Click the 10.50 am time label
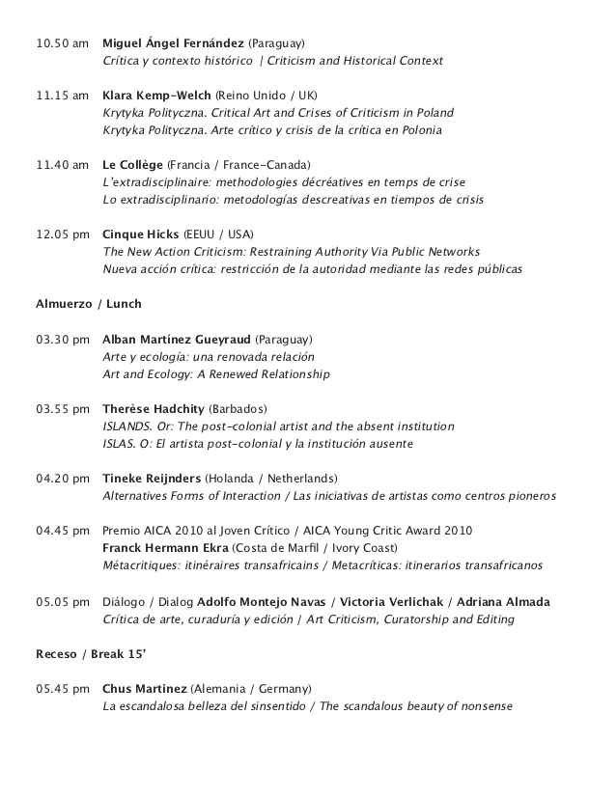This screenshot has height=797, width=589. [63, 44]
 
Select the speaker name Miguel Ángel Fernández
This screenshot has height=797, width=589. [173, 44]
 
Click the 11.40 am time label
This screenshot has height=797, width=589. [63, 166]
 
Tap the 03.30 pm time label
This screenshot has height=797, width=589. [63, 340]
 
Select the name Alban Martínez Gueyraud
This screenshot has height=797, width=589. [177, 340]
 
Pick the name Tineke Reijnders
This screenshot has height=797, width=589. [153, 479]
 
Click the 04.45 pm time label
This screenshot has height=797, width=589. [63, 531]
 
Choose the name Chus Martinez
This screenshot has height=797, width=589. [145, 689]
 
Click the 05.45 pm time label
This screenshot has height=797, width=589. [63, 689]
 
